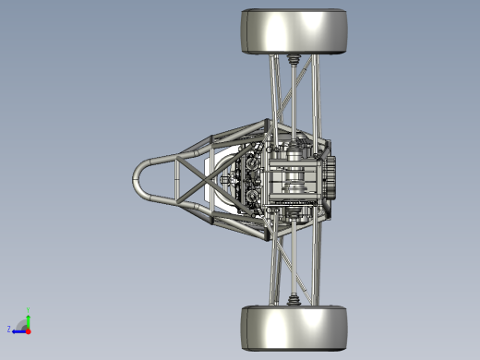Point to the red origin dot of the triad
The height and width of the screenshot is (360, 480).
coord(28,329)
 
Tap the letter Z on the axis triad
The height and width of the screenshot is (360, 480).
coord(9,329)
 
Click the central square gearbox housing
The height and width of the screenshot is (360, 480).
coord(294,177)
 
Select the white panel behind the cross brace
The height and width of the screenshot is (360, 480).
coord(209,179)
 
